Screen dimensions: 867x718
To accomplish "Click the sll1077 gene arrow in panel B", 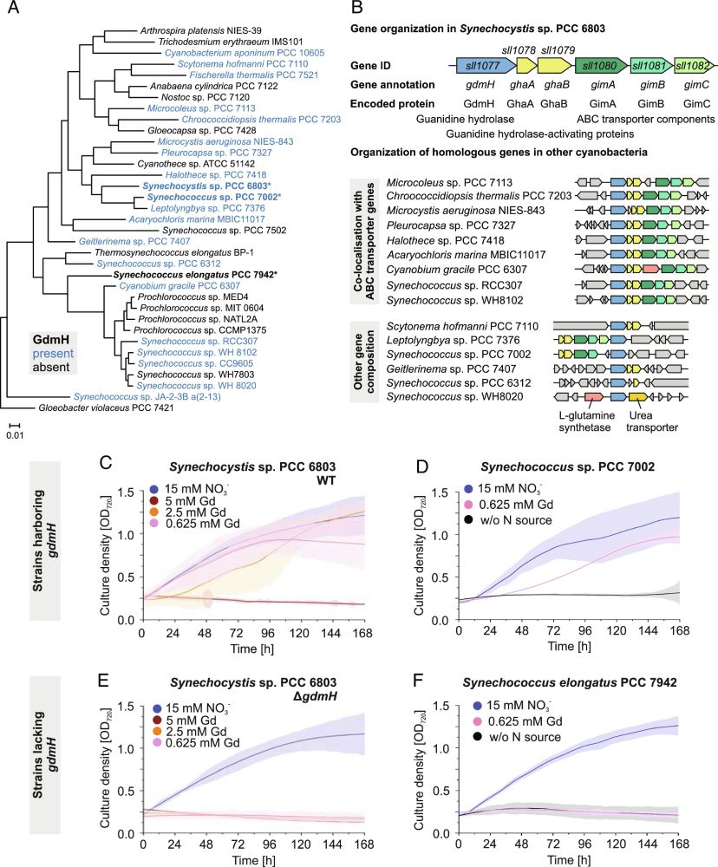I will pyautogui.click(x=480, y=65).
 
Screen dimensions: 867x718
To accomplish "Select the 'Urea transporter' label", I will pyautogui.click(x=641, y=424).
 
